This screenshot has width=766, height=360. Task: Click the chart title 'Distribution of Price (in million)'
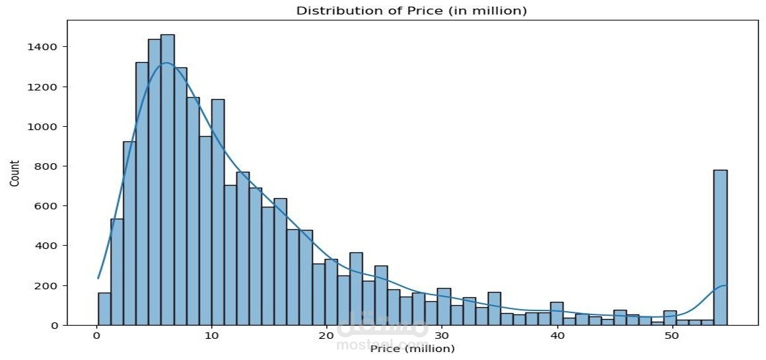[x=411, y=11]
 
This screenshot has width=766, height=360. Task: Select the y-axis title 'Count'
[x=14, y=173]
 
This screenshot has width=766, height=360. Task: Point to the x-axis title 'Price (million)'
[x=413, y=349]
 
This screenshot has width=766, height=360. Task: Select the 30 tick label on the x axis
[x=442, y=336]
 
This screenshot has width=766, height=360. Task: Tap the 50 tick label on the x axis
[x=671, y=336]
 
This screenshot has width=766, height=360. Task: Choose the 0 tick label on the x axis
[x=97, y=336]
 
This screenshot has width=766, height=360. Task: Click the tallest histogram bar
[x=168, y=178]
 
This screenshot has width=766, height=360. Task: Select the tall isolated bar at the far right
[x=720, y=248]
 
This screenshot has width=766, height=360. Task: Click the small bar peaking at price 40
[x=557, y=314]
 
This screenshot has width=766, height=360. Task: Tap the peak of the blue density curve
[x=166, y=63]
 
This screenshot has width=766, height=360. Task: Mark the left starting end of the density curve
[x=98, y=278]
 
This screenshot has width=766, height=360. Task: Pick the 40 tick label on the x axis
[x=557, y=336]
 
